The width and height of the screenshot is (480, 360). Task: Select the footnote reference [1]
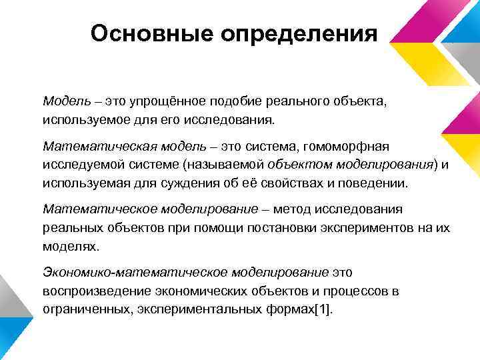[x=323, y=309]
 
